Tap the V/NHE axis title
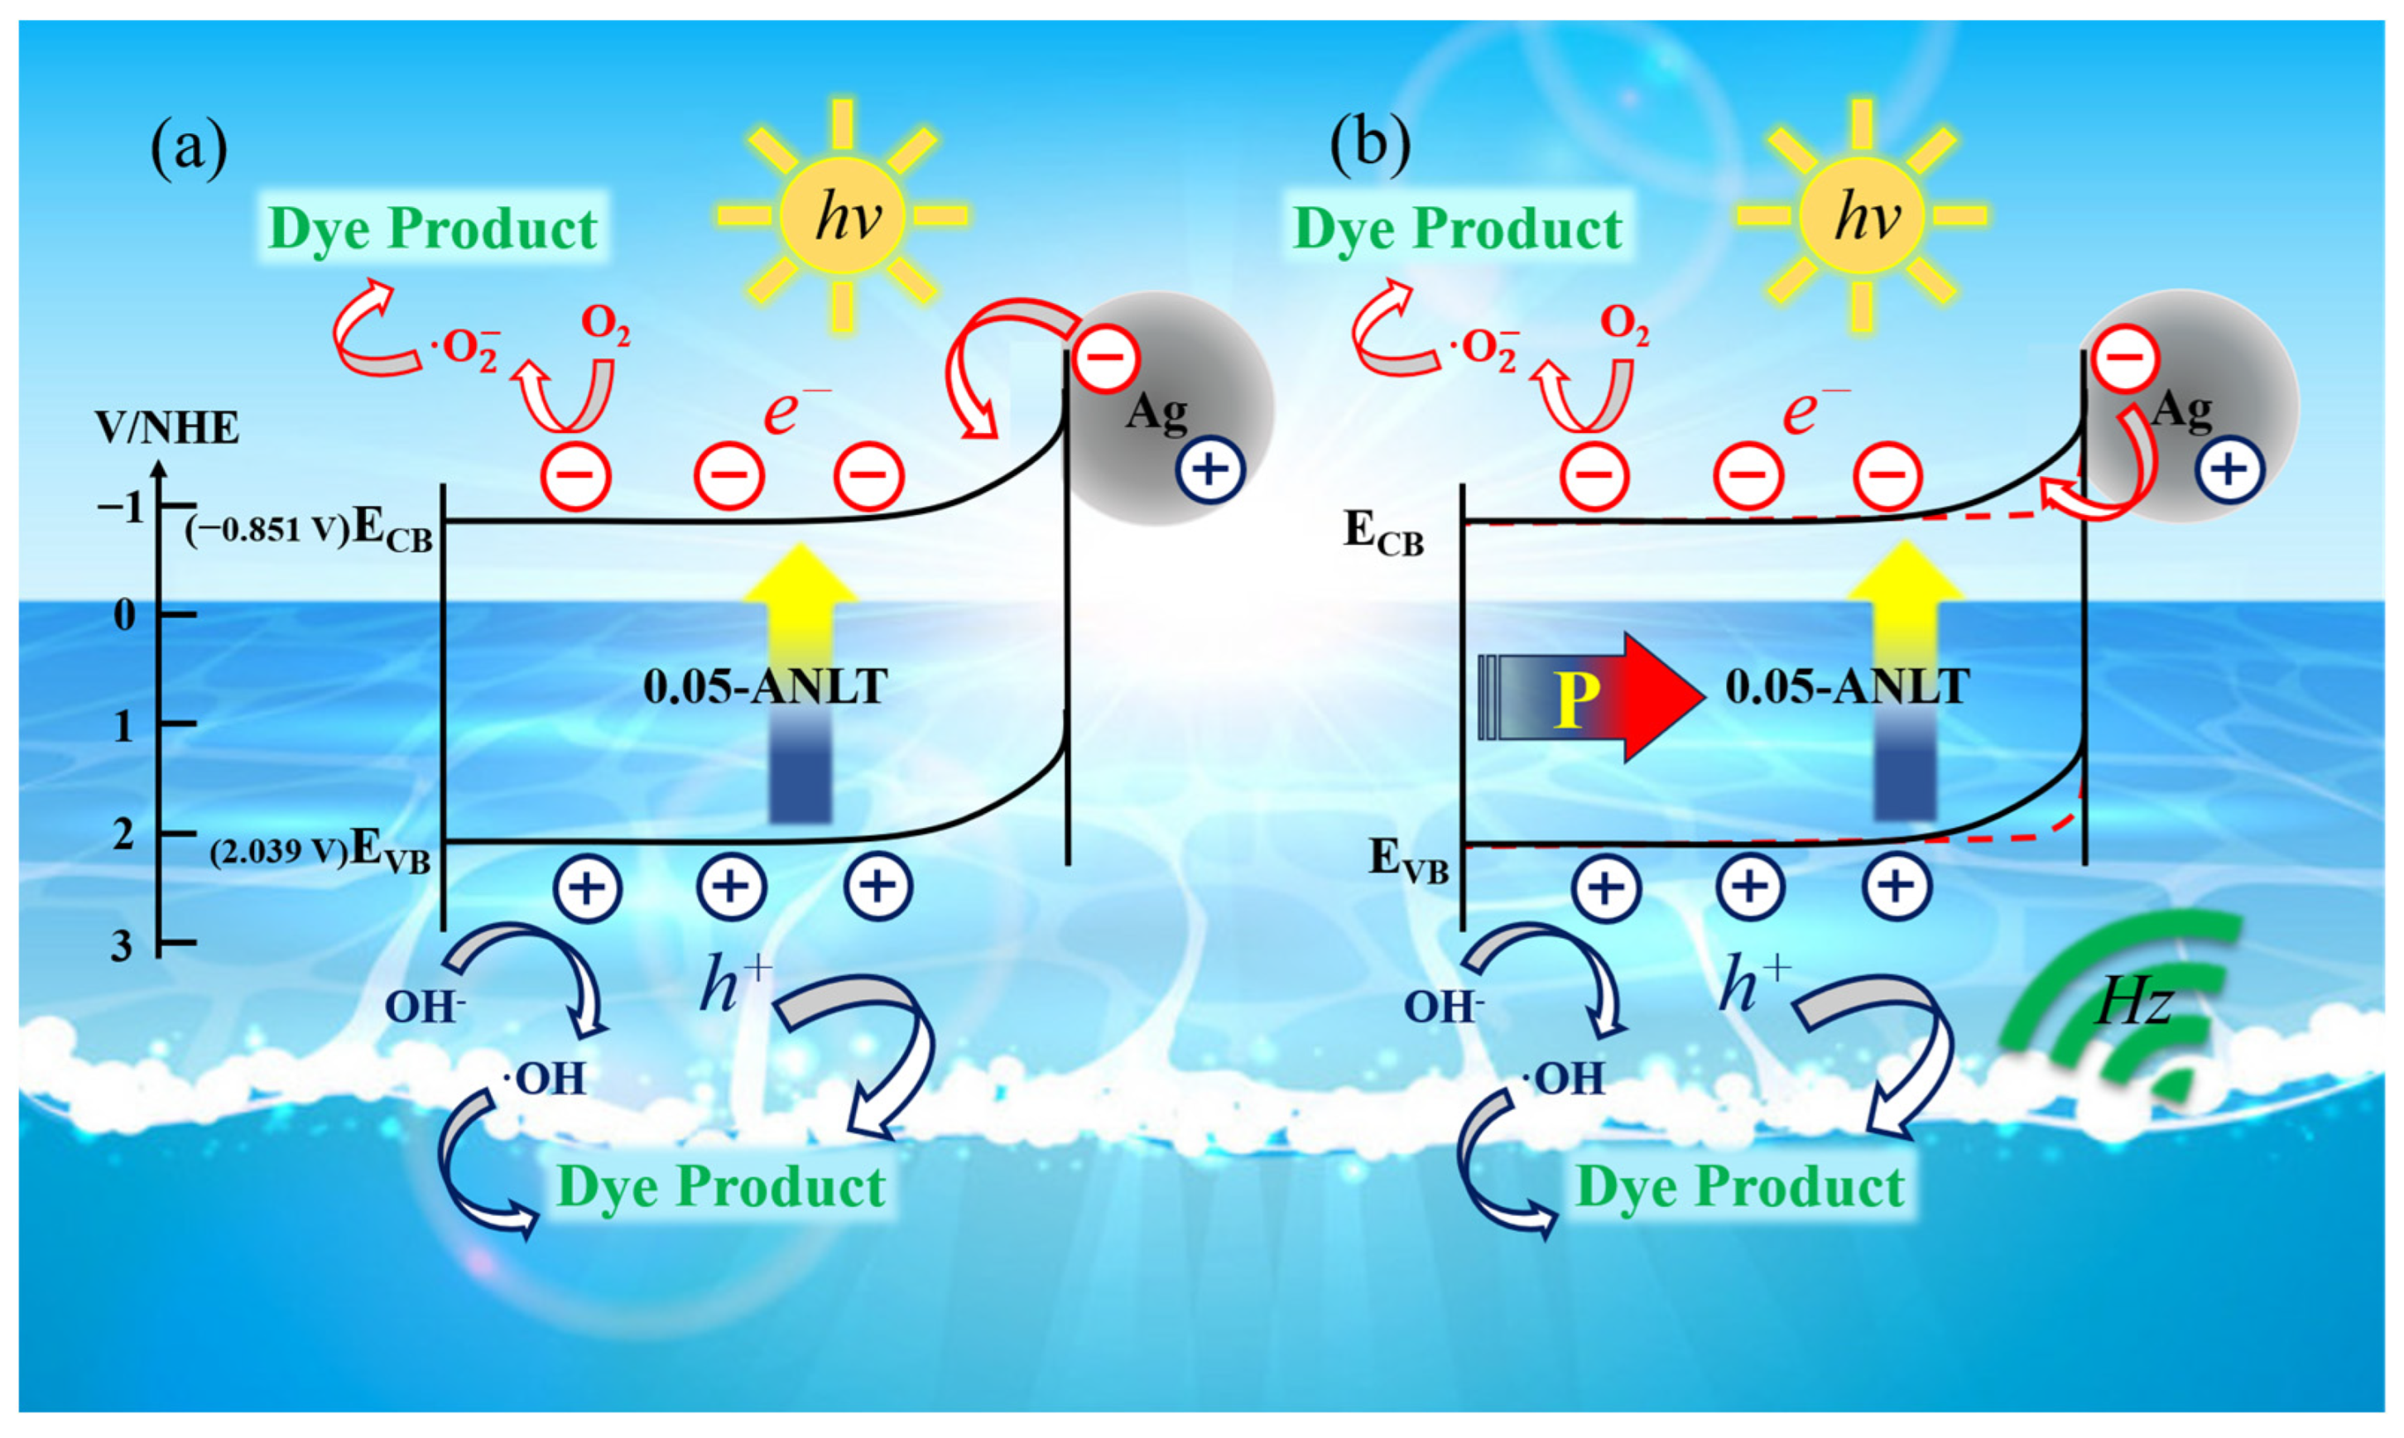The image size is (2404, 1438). (x=166, y=427)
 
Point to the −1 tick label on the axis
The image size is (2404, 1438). (x=121, y=507)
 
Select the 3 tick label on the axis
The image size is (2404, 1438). (x=122, y=945)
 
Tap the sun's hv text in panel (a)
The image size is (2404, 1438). (x=847, y=216)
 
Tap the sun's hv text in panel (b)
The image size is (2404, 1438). (x=1865, y=216)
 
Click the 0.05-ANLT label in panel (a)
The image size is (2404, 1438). (x=766, y=687)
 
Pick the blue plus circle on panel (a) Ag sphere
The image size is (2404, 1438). (x=1209, y=470)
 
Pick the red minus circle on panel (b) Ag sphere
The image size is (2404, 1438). (x=2124, y=358)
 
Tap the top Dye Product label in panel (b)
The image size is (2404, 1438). (x=1459, y=228)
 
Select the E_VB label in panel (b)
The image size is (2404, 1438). (x=1407, y=859)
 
